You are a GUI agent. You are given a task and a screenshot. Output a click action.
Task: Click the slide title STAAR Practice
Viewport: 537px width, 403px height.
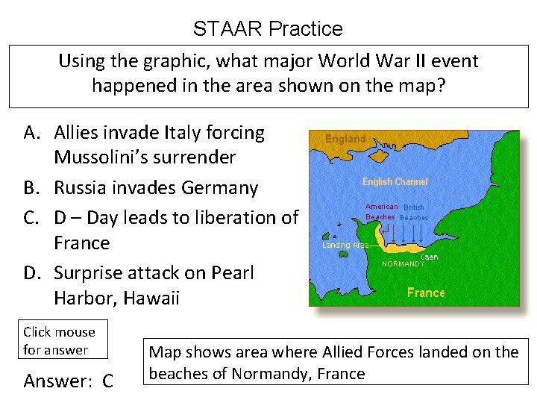click(x=268, y=29)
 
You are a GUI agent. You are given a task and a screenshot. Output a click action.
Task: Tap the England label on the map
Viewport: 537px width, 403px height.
click(x=345, y=139)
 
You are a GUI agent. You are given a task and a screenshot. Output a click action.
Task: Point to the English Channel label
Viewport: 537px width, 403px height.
click(x=395, y=182)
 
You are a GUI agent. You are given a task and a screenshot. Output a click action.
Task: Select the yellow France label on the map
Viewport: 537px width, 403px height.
click(x=426, y=293)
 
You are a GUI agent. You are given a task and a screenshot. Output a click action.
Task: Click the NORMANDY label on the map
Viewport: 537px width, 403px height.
click(x=403, y=263)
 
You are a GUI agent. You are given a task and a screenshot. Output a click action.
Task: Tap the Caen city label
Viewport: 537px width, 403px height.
click(x=429, y=256)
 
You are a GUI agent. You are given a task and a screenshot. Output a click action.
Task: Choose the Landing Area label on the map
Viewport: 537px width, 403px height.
click(x=345, y=245)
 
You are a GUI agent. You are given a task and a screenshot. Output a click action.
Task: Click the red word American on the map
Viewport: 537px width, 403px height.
click(x=382, y=207)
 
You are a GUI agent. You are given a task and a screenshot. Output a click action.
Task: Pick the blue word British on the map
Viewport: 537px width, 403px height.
click(x=413, y=207)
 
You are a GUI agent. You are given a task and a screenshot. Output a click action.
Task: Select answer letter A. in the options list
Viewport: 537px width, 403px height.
click(x=31, y=133)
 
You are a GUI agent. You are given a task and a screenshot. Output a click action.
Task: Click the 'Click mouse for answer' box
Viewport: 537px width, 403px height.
click(x=60, y=340)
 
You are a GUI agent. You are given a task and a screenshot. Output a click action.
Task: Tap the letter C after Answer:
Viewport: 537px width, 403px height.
click(x=107, y=381)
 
